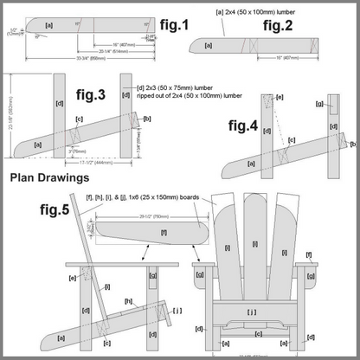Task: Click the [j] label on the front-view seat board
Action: (x=251, y=310)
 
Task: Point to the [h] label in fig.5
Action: (x=127, y=300)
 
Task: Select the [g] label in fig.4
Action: (x=320, y=105)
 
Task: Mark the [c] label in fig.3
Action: (x=79, y=119)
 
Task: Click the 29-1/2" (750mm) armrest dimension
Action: (x=154, y=217)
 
